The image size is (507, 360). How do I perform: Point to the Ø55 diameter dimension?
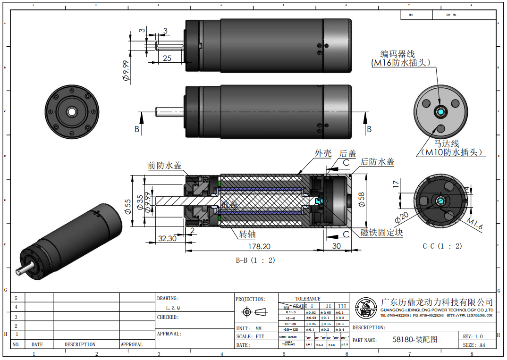click(128, 206)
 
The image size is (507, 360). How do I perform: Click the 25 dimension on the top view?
click(167, 58)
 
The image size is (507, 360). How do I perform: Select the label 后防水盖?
click(377, 162)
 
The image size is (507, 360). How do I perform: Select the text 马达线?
click(446, 143)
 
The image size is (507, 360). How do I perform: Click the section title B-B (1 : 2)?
click(255, 260)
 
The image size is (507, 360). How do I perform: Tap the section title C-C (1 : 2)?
click(442, 246)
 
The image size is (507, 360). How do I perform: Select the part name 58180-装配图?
click(415, 339)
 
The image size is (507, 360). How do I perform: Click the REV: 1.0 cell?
click(473, 336)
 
